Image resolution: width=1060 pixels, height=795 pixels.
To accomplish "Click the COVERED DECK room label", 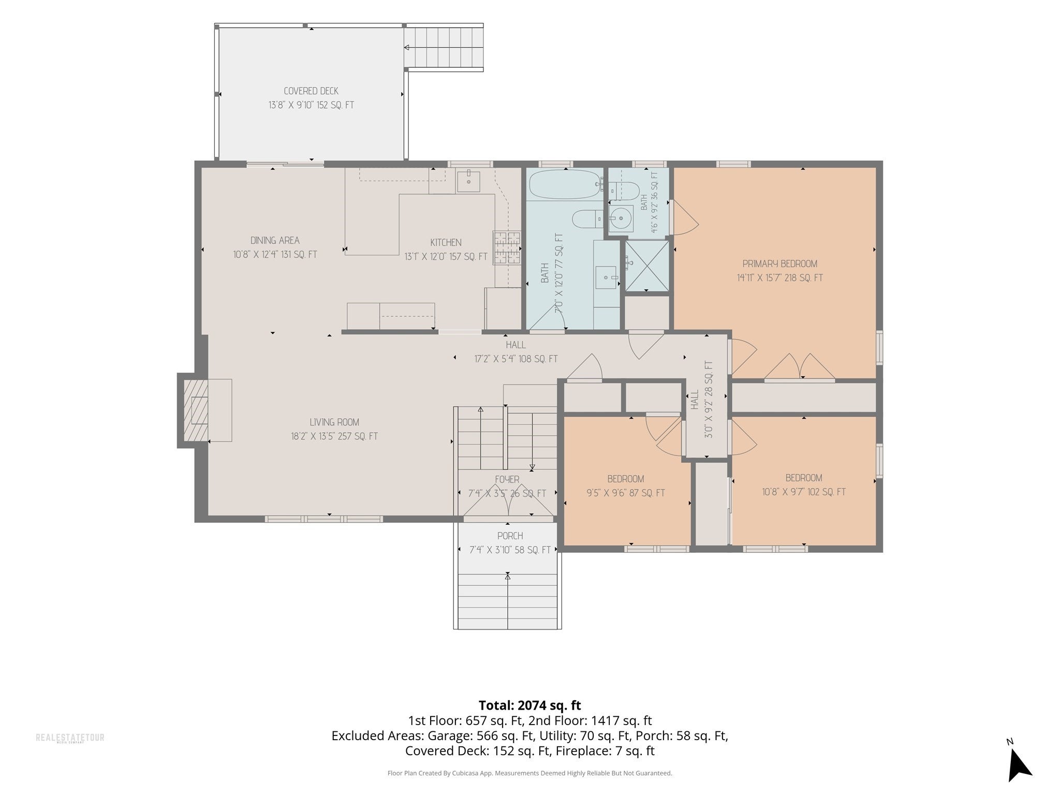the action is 311,91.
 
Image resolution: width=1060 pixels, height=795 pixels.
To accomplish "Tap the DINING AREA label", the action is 275,240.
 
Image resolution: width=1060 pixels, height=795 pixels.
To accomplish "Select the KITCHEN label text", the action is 446,242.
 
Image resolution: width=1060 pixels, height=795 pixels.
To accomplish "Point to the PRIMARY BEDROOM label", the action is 780,263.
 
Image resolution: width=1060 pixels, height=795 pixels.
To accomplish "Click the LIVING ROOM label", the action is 334,422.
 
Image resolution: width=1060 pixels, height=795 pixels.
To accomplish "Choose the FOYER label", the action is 507,480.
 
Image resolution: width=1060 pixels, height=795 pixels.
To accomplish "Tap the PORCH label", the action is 510,536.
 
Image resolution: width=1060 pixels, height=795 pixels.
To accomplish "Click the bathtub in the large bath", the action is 566,185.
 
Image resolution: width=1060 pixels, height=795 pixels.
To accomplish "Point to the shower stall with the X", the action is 647,265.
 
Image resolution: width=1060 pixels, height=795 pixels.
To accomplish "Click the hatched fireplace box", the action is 196,411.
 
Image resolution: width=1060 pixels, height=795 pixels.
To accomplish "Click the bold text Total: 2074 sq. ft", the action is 529,705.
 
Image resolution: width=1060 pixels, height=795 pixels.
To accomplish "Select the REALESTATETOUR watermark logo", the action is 70,738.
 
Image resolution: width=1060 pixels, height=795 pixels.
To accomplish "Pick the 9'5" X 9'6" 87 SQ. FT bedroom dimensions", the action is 625,493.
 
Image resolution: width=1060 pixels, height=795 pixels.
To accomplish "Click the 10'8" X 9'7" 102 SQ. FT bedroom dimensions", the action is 804,492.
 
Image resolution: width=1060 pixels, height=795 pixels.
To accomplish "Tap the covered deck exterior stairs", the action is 444,48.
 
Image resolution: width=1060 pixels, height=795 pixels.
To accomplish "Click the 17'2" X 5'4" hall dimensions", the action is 516,359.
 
